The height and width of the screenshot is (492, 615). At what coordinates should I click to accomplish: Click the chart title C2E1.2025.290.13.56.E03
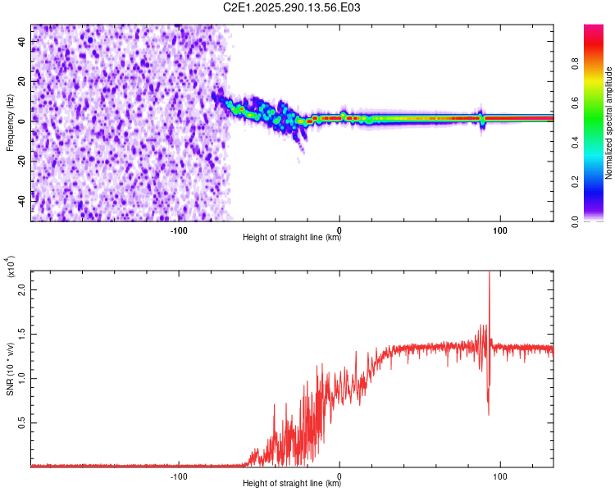[x=292, y=8]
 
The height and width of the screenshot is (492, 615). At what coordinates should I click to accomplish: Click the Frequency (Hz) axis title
[x=11, y=123]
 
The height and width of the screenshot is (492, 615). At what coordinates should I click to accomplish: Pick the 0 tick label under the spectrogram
[x=339, y=229]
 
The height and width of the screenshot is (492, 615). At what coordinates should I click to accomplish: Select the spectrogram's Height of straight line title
[x=292, y=238]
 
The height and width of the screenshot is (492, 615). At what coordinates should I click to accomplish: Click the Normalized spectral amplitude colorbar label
[x=609, y=123]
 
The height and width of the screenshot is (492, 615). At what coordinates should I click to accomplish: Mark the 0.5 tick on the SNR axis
[x=22, y=422]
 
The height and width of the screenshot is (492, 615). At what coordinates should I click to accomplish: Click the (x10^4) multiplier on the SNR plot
[x=11, y=266]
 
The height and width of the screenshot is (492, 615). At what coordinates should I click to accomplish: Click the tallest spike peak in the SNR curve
[x=489, y=272]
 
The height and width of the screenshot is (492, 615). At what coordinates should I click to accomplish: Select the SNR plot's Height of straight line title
[x=292, y=484]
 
